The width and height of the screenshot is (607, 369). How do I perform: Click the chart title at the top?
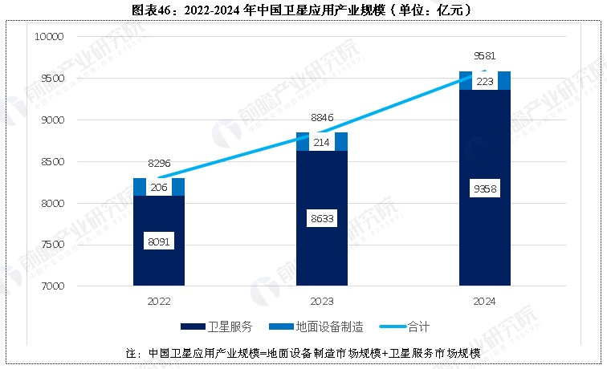(x=303, y=10)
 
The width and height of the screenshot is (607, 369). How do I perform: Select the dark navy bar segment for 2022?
(x=159, y=265)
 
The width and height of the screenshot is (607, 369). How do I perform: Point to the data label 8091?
(x=159, y=241)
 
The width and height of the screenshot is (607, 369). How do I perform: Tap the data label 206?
(x=159, y=187)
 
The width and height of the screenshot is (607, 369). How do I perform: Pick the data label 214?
(x=322, y=142)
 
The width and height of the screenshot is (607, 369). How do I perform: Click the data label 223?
(x=485, y=81)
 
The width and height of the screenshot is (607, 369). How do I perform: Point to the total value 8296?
(x=159, y=164)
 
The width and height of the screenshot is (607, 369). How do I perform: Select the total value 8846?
(x=322, y=118)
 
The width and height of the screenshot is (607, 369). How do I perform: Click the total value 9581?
(x=485, y=57)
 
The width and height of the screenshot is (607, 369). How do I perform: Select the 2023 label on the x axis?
(x=322, y=302)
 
